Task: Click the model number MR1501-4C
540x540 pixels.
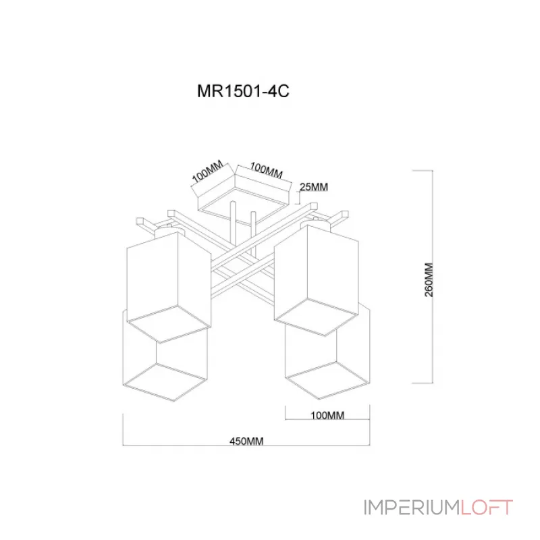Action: point(243,91)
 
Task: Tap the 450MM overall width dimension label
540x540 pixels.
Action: point(246,441)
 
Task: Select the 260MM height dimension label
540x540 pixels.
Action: point(429,279)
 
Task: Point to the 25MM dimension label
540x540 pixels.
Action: point(314,187)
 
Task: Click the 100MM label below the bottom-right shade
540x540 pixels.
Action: point(327,415)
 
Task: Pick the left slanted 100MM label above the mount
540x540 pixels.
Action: point(208,171)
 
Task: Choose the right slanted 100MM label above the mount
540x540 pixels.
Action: point(266,171)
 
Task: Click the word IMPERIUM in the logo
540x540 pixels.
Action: point(412,508)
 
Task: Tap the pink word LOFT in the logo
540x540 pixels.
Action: point(487,508)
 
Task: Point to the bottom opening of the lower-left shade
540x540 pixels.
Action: point(165,382)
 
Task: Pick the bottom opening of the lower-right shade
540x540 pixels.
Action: point(327,380)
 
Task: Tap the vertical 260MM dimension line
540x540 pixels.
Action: point(433,277)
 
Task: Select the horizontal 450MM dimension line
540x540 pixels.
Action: point(246,446)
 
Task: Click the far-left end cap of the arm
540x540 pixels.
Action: point(140,221)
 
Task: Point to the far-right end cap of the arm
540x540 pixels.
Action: point(344,214)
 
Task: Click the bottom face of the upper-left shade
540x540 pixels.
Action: point(169,325)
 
